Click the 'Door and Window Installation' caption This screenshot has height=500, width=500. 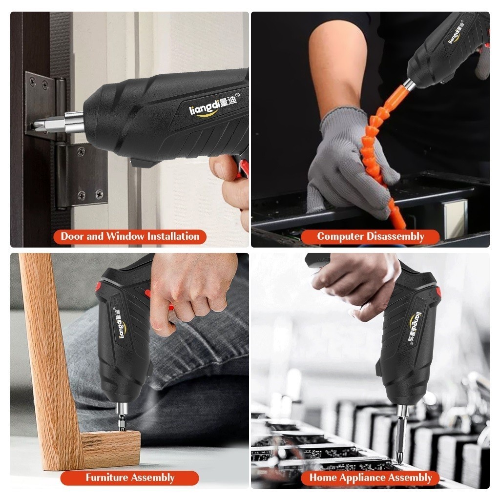point(130,236)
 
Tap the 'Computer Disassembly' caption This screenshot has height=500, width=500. point(371,236)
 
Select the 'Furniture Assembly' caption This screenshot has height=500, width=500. point(130,478)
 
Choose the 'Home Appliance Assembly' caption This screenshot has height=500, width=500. point(371,478)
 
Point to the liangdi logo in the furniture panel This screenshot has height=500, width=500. point(121,322)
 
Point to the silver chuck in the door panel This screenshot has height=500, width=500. point(74,122)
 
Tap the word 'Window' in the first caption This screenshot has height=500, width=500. point(125,236)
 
